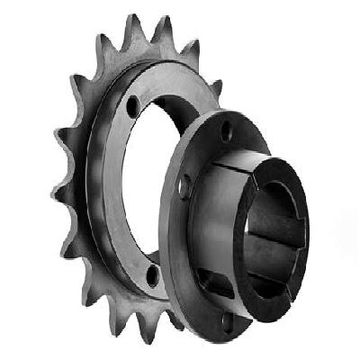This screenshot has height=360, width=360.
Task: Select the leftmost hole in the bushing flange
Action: pos(185,185)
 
